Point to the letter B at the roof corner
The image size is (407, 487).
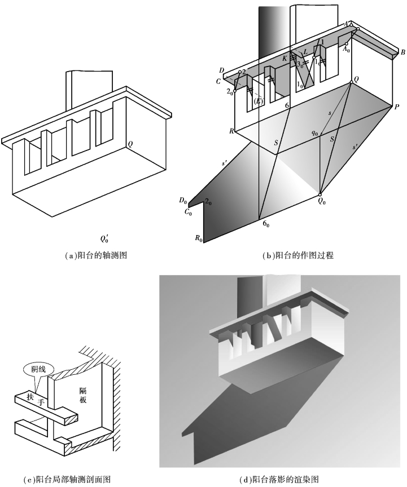[x=403, y=52]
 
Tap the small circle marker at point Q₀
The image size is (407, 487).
[x=320, y=194]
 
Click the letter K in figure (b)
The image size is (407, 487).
[x=285, y=58]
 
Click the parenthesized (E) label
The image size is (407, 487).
[x=259, y=101]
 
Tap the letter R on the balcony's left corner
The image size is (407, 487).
[x=231, y=130]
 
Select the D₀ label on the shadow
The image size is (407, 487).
[x=182, y=200]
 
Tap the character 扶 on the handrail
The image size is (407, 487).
[x=29, y=397]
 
